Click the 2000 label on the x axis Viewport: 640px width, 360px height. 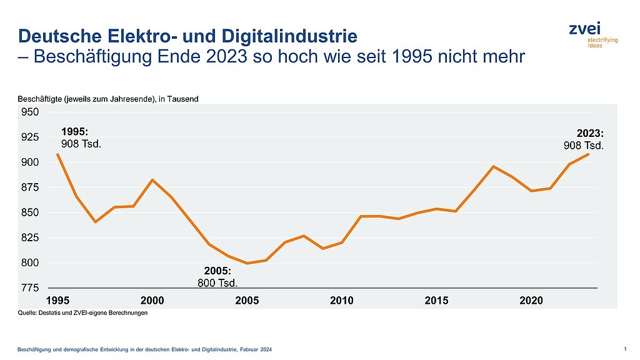152,301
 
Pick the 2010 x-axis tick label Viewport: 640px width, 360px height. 342,301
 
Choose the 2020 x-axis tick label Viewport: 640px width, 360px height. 531,301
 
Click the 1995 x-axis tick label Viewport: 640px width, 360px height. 57,301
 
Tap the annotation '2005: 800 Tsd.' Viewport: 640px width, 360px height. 217,277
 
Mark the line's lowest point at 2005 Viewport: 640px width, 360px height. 247,263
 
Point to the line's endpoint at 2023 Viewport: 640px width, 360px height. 588,154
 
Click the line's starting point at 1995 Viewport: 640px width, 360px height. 57,154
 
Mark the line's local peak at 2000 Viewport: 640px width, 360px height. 152,180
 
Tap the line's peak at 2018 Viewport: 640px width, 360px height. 494,166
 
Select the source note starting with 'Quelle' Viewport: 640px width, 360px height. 82,313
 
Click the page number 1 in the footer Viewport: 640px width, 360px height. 626,347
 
